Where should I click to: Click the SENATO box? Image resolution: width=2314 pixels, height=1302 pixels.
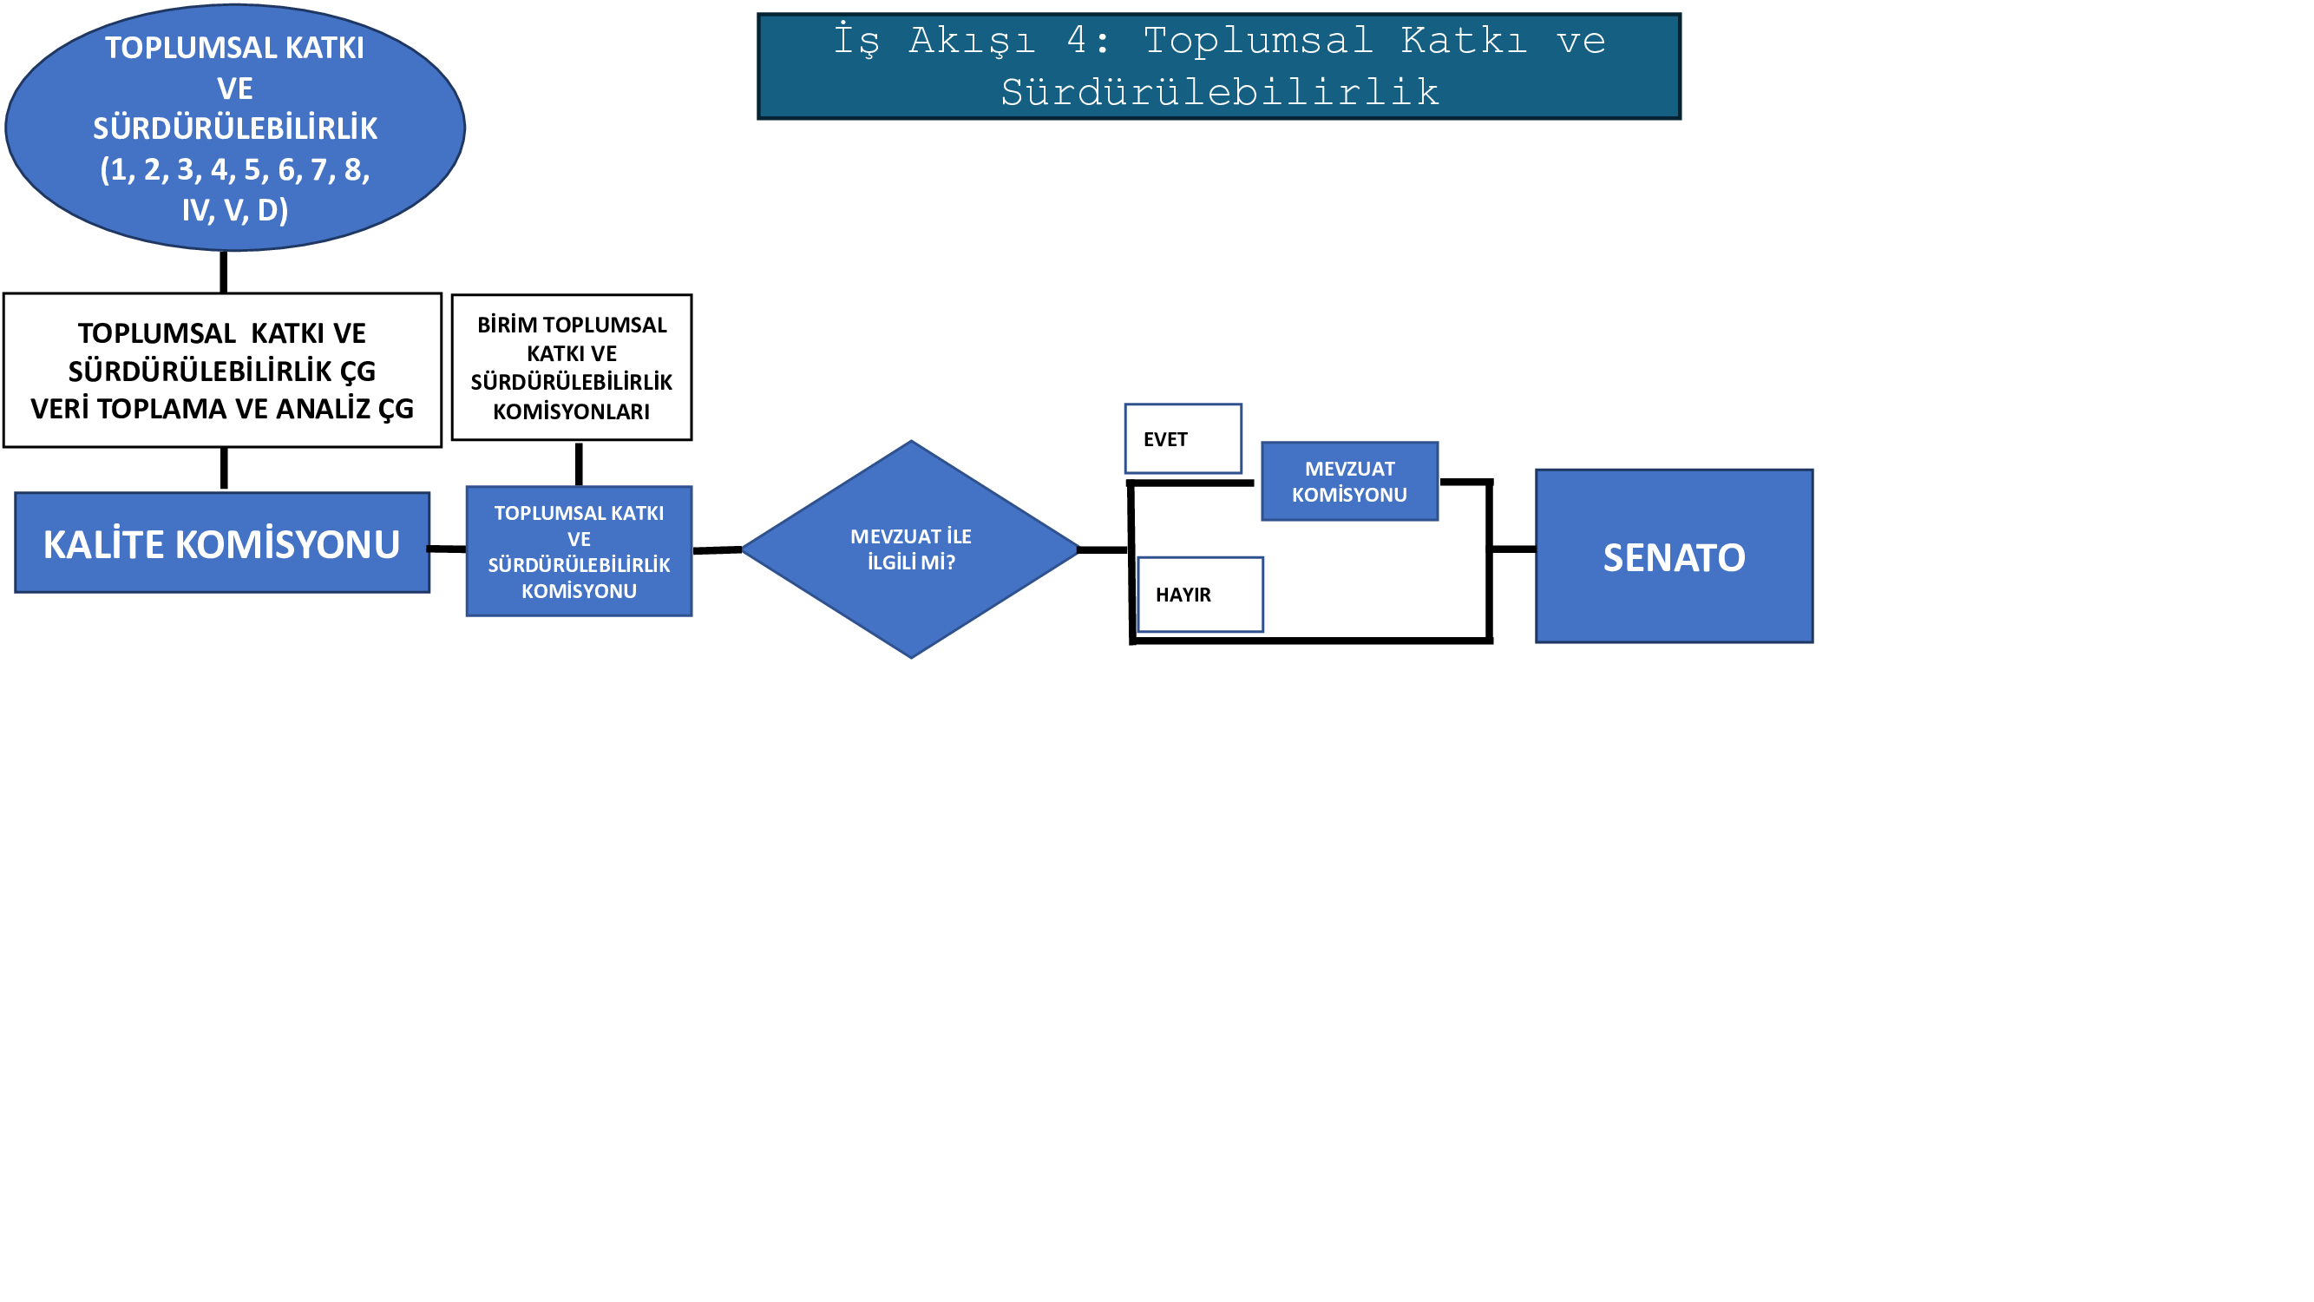click(1674, 556)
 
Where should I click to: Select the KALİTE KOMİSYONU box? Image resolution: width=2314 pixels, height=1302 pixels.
click(222, 542)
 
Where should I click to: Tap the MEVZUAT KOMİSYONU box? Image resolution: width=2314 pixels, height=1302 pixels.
click(1349, 482)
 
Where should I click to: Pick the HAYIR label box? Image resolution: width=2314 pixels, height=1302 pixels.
click(1200, 594)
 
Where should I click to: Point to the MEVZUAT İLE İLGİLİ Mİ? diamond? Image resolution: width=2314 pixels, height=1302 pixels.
click(911, 549)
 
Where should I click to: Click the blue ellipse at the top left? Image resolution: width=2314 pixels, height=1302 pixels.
click(234, 128)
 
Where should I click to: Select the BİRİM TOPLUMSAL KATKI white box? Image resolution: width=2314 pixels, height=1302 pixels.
click(571, 367)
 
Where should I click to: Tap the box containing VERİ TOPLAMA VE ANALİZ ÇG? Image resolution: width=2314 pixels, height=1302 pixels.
click(222, 371)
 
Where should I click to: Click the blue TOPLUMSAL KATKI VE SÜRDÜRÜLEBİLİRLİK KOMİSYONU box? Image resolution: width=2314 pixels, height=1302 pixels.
click(579, 551)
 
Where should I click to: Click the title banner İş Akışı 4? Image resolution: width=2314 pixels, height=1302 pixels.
click(1219, 67)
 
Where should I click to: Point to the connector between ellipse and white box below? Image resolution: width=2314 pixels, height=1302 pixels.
click(224, 273)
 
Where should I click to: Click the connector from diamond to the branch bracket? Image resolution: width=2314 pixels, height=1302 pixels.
click(1103, 549)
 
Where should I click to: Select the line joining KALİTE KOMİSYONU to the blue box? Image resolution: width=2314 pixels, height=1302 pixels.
click(448, 548)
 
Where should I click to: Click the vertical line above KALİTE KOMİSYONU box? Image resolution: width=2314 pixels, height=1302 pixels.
click(224, 469)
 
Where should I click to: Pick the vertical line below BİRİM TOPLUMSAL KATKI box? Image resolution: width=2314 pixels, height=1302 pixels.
click(579, 464)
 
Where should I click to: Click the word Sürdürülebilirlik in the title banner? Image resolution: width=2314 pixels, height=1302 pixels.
click(1219, 93)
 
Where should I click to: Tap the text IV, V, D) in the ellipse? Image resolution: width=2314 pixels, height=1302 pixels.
click(234, 209)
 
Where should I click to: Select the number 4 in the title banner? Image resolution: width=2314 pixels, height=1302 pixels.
click(1076, 41)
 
